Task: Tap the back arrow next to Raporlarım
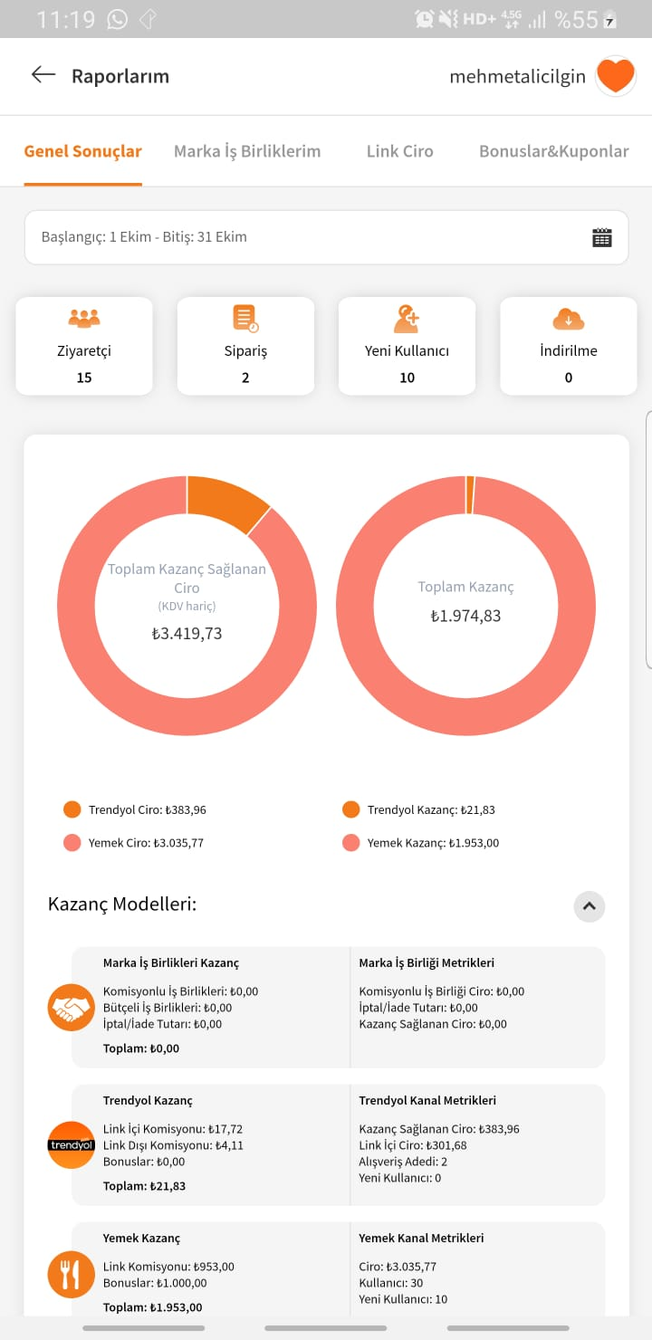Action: (43, 75)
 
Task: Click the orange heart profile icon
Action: (616, 76)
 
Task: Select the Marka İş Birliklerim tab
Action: (247, 152)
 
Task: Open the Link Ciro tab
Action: (399, 151)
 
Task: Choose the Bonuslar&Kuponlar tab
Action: (554, 151)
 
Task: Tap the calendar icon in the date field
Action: (602, 237)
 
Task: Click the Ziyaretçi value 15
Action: (84, 378)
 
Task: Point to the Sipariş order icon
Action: (245, 319)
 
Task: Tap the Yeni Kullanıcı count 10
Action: (407, 378)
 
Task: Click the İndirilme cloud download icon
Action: (569, 320)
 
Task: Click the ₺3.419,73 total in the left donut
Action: (187, 634)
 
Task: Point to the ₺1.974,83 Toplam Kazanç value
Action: (465, 616)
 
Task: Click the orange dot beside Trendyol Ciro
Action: (72, 809)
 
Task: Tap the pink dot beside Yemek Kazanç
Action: (351, 842)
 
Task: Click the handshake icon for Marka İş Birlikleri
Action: (72, 1008)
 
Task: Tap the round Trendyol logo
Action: (72, 1145)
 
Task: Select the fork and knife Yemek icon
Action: (72, 1274)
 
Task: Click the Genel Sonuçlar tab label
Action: (82, 151)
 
